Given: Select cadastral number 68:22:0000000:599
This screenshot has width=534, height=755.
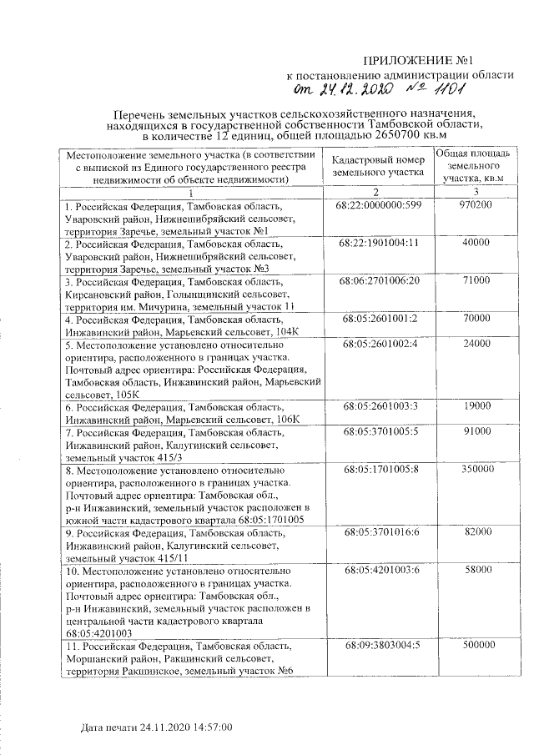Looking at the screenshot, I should [380, 205].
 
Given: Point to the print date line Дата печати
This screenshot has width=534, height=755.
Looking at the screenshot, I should [156, 727].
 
